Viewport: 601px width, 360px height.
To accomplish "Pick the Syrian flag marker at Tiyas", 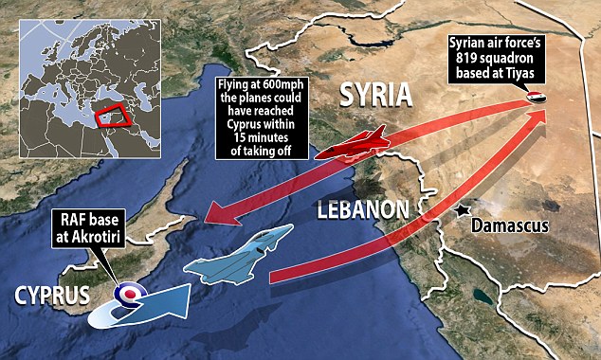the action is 537,98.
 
